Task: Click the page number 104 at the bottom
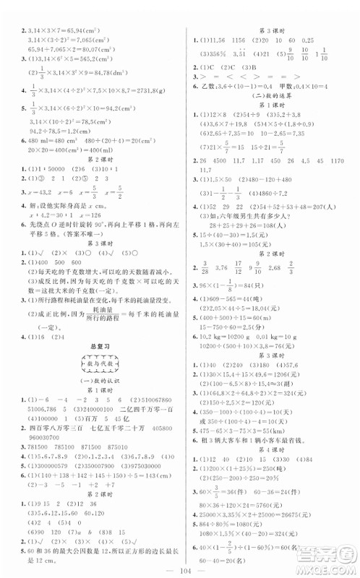(x=180, y=566)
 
